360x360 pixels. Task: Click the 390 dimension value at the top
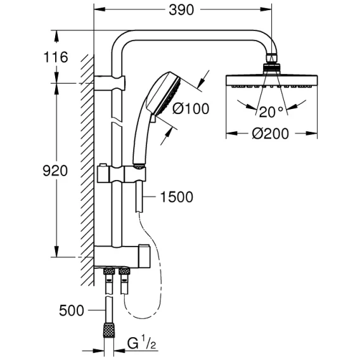[181, 10]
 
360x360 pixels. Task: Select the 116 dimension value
[56, 57]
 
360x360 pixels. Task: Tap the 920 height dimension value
[55, 171]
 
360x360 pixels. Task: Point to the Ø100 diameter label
[191, 108]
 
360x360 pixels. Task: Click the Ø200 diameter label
[270, 134]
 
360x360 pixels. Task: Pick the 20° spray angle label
[271, 112]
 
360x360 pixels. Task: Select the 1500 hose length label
[176, 197]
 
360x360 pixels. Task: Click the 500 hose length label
[72, 311]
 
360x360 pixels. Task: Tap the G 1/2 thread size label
[142, 343]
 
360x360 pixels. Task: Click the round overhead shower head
[272, 81]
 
